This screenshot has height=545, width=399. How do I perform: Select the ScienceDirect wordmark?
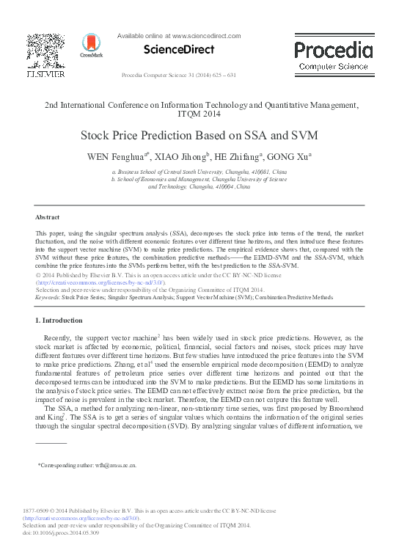pyautogui.click(x=180, y=50)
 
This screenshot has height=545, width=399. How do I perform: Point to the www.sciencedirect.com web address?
pyautogui.click(x=206, y=35)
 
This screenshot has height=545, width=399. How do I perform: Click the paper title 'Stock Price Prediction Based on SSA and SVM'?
pyautogui.click(x=199, y=136)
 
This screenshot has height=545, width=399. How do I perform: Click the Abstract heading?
pyautogui.click(x=48, y=217)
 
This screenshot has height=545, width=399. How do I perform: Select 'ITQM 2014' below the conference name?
pyautogui.click(x=199, y=114)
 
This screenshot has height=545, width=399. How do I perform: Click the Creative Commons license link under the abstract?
pyautogui.click(x=101, y=282)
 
